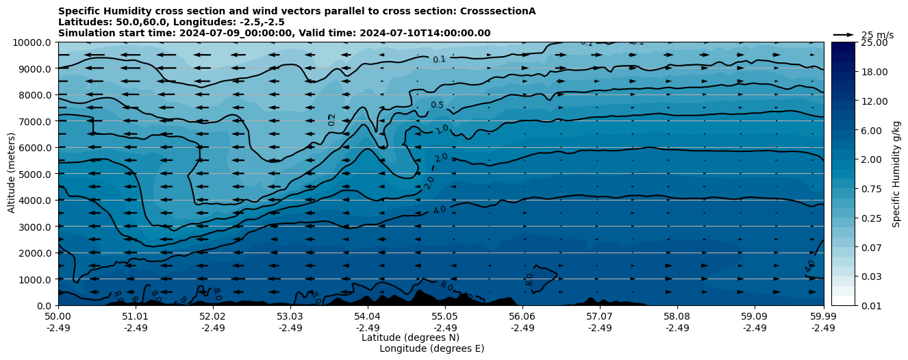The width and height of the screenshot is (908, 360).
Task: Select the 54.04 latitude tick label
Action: (x=367, y=317)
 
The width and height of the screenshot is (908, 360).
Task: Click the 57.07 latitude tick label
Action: (x=599, y=317)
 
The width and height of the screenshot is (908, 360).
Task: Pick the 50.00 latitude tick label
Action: (x=58, y=317)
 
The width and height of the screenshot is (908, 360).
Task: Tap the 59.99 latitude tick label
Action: (x=823, y=317)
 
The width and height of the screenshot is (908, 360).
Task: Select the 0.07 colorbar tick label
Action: (x=871, y=247)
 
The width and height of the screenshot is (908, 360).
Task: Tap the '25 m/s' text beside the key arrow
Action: (x=877, y=35)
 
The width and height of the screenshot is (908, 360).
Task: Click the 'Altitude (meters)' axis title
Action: (x=12, y=174)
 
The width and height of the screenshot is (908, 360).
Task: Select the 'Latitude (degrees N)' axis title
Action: (x=410, y=337)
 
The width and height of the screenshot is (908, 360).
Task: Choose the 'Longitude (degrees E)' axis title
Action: (x=431, y=348)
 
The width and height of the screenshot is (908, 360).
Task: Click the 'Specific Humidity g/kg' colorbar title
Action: (x=896, y=174)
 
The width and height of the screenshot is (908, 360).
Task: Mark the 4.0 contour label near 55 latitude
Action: (x=439, y=210)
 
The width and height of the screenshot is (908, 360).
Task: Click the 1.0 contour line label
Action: (x=442, y=129)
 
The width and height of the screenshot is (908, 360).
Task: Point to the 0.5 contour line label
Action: (x=437, y=105)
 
